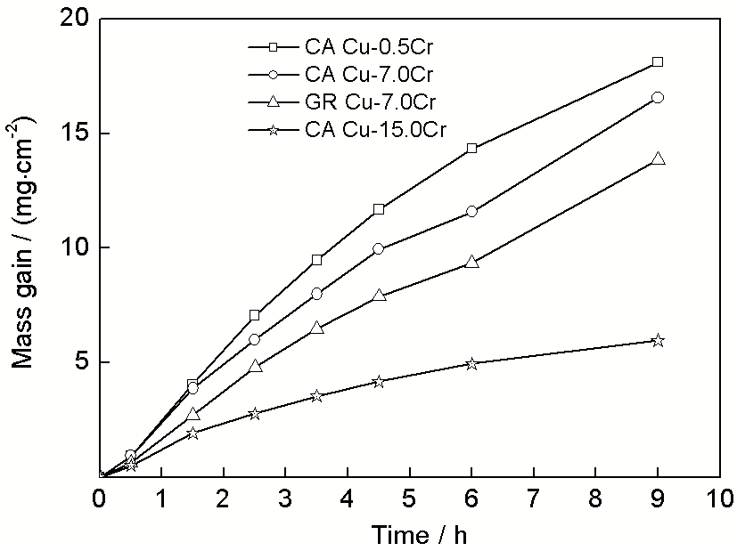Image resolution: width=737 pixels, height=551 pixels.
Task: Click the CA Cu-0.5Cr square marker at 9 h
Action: click(x=658, y=61)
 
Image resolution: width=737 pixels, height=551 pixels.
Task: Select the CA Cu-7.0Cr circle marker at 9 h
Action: click(x=658, y=97)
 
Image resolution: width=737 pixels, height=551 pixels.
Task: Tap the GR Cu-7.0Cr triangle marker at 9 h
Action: click(x=658, y=158)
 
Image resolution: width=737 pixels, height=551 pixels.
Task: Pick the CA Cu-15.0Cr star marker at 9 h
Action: click(x=658, y=340)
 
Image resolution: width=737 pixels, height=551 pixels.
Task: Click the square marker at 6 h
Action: click(x=471, y=148)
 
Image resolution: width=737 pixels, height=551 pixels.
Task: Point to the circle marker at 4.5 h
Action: click(x=379, y=248)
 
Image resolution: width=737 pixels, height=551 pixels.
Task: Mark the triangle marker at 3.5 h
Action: click(x=316, y=328)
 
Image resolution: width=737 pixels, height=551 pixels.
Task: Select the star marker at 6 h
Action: click(x=471, y=363)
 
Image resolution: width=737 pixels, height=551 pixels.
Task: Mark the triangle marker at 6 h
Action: click(x=471, y=262)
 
